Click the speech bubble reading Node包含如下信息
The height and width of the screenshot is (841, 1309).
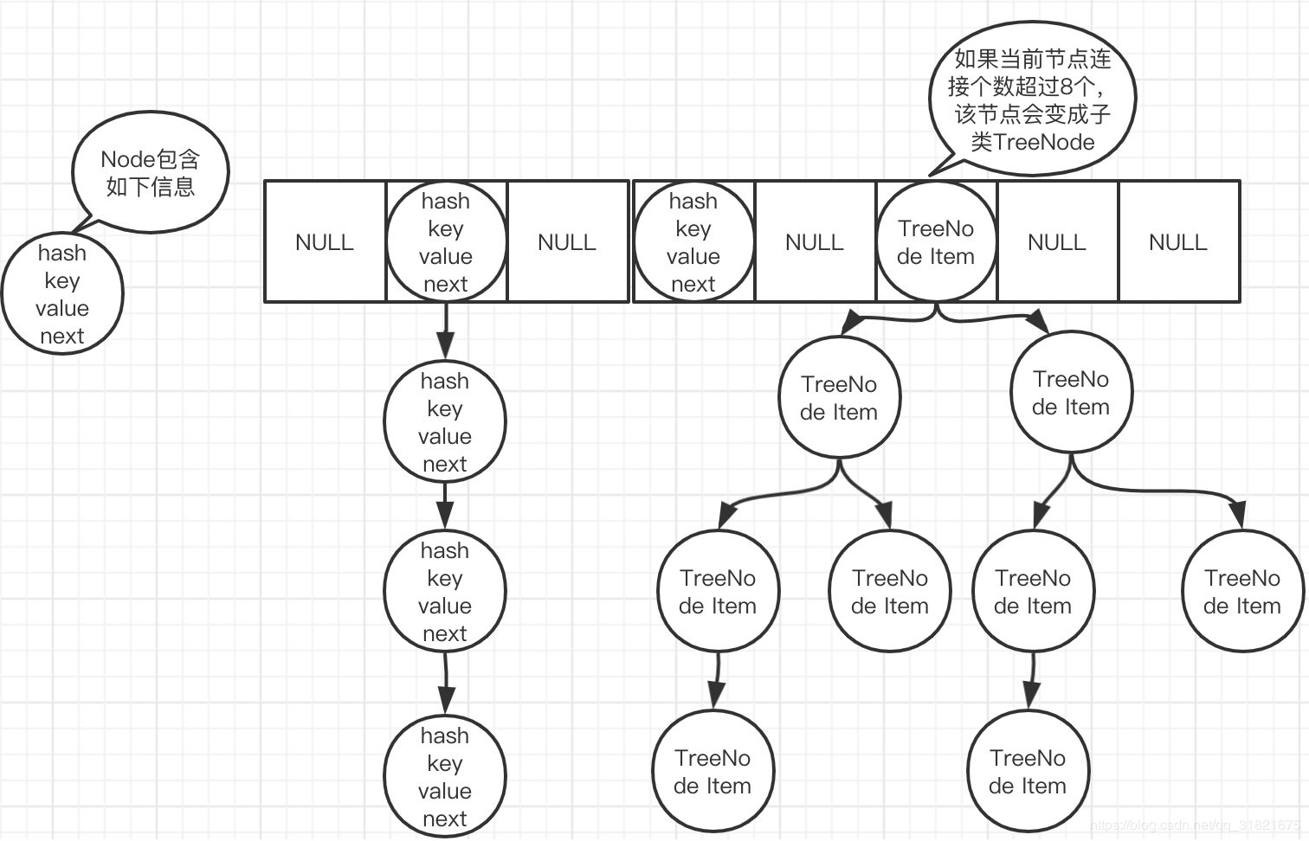[151, 172]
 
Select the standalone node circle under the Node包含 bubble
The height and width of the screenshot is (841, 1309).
[62, 294]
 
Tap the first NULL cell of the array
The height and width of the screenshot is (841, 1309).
[325, 242]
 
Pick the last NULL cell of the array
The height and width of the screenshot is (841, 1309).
[1178, 242]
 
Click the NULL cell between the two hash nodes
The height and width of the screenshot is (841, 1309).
[567, 242]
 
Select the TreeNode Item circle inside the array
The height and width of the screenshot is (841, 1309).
[936, 242]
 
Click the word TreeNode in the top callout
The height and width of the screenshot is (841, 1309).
[1045, 143]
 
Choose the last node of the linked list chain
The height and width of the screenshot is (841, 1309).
[445, 777]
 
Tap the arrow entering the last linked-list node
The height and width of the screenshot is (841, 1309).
[446, 684]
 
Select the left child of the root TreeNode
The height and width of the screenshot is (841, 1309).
[839, 398]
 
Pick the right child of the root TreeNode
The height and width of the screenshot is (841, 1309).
[1071, 393]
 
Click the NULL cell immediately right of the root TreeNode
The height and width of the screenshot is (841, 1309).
[1057, 242]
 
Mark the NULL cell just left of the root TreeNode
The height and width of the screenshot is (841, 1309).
[815, 242]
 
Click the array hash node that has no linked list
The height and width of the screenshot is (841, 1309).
[693, 242]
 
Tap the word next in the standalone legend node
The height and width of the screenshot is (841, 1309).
[62, 336]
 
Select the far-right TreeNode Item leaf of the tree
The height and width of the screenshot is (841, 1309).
[1242, 592]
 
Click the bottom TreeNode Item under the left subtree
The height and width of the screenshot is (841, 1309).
[713, 772]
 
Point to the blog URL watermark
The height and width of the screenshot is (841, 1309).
[1195, 825]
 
